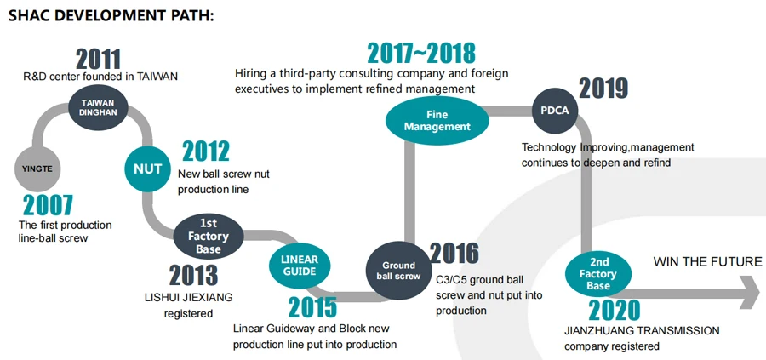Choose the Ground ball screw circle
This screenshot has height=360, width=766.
[397, 270]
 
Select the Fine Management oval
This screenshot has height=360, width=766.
[437, 121]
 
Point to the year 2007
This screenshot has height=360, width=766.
[48, 205]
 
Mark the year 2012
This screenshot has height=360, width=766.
[205, 151]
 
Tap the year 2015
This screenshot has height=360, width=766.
[312, 306]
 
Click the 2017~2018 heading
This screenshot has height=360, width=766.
[421, 53]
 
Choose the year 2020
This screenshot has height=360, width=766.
[614, 310]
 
